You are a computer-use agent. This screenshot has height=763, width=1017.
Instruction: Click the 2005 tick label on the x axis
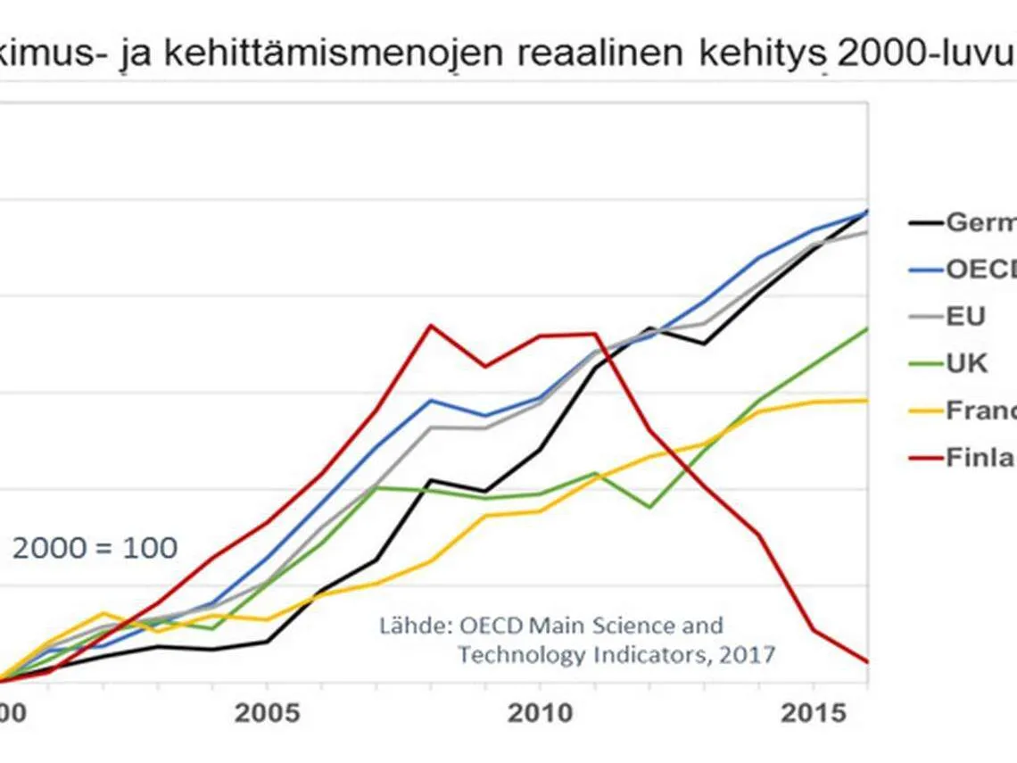click(266, 715)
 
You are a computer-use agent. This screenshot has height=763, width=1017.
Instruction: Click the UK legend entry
click(966, 364)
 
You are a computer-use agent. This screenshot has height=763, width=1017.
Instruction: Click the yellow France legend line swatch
click(924, 411)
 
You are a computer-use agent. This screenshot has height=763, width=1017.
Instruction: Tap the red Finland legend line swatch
click(924, 458)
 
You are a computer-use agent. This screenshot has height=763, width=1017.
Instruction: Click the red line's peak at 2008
click(431, 325)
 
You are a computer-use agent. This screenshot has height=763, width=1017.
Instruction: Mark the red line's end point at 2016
click(867, 662)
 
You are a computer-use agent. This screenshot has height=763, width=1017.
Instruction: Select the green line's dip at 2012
click(649, 507)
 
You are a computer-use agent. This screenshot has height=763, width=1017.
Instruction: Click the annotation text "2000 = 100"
click(95, 548)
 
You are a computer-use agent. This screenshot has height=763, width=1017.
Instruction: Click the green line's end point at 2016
click(867, 328)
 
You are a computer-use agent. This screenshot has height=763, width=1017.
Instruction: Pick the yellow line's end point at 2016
click(867, 400)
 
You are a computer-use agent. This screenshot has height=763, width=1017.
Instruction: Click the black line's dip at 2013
click(705, 344)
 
